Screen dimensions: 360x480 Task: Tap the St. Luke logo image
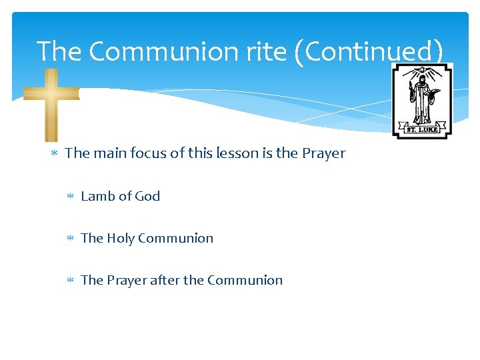tap(422, 101)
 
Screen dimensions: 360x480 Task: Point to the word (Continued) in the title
tap(373, 52)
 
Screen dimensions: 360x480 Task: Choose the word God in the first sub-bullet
tap(147, 196)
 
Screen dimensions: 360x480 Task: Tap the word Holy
tap(121, 238)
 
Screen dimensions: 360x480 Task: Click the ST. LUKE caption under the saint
tap(423, 129)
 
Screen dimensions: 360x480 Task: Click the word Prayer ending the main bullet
tap(323, 153)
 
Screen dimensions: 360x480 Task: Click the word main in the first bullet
tap(108, 153)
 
